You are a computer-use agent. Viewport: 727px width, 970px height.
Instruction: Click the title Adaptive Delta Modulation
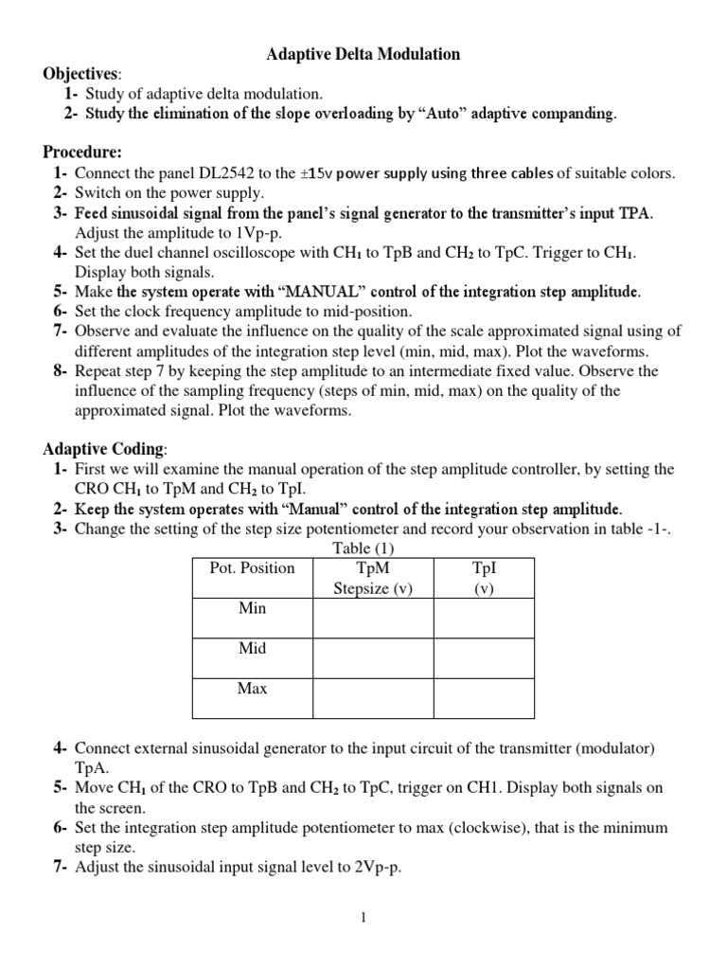pyautogui.click(x=363, y=54)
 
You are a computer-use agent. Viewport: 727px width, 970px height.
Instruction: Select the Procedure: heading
pyautogui.click(x=82, y=152)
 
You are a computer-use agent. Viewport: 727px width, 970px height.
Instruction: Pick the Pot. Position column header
pyautogui.click(x=252, y=568)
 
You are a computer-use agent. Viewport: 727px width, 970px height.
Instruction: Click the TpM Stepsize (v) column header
pyautogui.click(x=373, y=578)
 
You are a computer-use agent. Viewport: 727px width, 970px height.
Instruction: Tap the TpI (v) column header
pyautogui.click(x=484, y=578)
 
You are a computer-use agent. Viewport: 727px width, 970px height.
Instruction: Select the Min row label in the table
pyautogui.click(x=252, y=608)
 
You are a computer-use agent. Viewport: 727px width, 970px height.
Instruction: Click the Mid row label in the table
pyautogui.click(x=252, y=649)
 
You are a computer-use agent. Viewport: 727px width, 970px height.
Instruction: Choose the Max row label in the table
pyautogui.click(x=252, y=689)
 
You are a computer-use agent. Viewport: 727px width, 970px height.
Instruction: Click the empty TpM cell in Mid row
pyautogui.click(x=373, y=658)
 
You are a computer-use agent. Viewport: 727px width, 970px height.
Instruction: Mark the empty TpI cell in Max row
pyautogui.click(x=484, y=698)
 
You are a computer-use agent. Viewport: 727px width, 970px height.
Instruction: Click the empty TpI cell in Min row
pyautogui.click(x=484, y=618)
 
